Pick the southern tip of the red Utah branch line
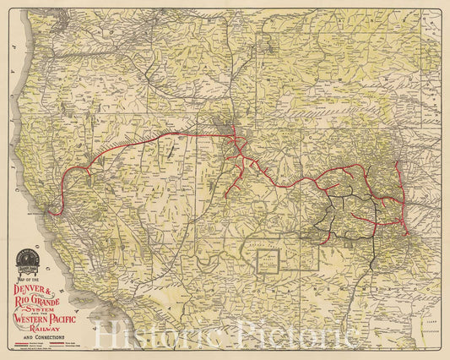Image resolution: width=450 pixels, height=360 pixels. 226,196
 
